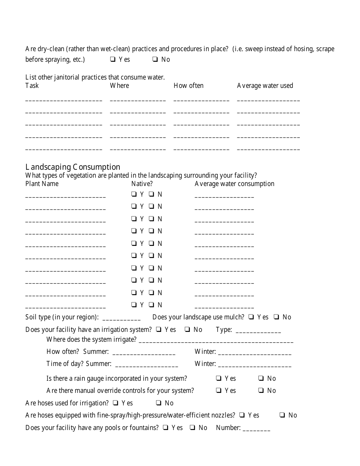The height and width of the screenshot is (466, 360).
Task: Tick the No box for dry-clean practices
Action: (x=155, y=59)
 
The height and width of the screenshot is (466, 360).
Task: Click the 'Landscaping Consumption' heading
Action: (x=73, y=167)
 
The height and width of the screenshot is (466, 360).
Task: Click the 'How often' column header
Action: (x=188, y=86)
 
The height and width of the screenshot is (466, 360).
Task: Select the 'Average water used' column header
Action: (x=265, y=86)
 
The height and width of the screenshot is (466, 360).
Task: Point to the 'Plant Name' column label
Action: (x=42, y=184)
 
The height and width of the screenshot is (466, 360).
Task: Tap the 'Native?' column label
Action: (x=142, y=184)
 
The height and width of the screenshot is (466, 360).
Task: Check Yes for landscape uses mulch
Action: (x=251, y=317)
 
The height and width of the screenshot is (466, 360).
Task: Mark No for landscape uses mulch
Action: (x=277, y=317)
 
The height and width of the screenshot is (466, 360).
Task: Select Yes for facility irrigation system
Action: (x=159, y=330)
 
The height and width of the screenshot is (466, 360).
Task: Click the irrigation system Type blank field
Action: (x=258, y=331)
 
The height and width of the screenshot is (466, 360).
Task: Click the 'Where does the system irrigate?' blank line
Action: (x=216, y=341)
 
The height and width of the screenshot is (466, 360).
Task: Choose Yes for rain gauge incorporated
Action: (x=219, y=378)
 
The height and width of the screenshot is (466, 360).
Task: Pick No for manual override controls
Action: (x=261, y=391)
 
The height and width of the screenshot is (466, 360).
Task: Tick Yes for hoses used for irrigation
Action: (x=116, y=403)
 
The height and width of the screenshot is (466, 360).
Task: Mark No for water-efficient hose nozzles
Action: (x=282, y=415)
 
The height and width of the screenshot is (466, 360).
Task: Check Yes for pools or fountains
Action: (x=166, y=428)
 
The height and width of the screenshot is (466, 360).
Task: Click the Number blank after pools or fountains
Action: (x=256, y=429)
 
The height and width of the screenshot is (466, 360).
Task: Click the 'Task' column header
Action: (x=32, y=86)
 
